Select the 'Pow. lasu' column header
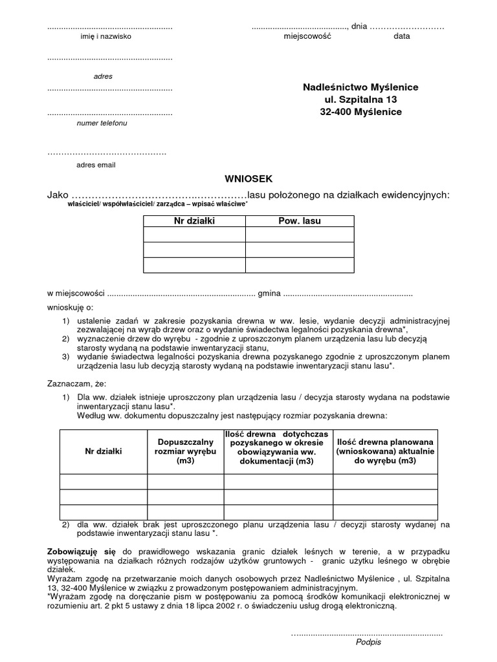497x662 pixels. [x=299, y=221]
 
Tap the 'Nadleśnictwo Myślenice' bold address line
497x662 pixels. [x=360, y=87]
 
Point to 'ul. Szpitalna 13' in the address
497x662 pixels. [x=360, y=100]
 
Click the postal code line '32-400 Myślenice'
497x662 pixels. [x=360, y=112]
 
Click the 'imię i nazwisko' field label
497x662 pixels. [x=105, y=37]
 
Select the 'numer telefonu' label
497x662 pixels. [x=102, y=123]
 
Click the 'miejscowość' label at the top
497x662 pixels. [x=307, y=37]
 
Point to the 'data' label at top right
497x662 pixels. [x=401, y=37]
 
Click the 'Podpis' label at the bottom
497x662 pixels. [x=368, y=643]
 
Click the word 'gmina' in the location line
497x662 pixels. [x=269, y=294]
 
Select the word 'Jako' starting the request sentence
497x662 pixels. [x=57, y=195]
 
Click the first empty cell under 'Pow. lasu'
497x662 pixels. [x=299, y=234]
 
